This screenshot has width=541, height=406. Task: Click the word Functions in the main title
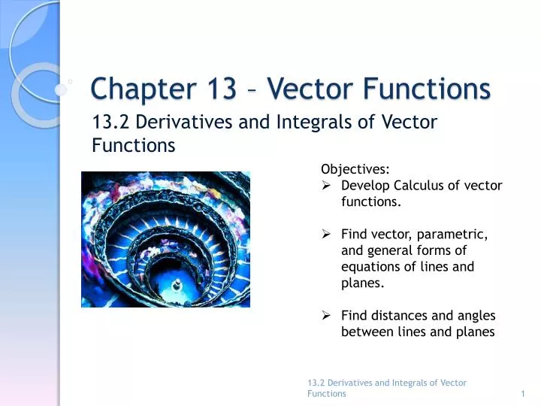click(x=428, y=89)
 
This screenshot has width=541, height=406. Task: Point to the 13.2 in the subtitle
click(x=107, y=122)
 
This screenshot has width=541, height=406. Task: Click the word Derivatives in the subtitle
click(x=174, y=122)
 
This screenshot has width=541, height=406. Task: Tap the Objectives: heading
click(x=355, y=169)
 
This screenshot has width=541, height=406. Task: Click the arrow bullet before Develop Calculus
click(x=327, y=186)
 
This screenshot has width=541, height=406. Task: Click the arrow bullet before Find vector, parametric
click(x=327, y=235)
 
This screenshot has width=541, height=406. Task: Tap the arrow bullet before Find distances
click(x=327, y=316)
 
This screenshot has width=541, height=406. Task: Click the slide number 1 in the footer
click(x=522, y=393)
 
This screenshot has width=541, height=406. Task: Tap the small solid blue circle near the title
click(x=61, y=89)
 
